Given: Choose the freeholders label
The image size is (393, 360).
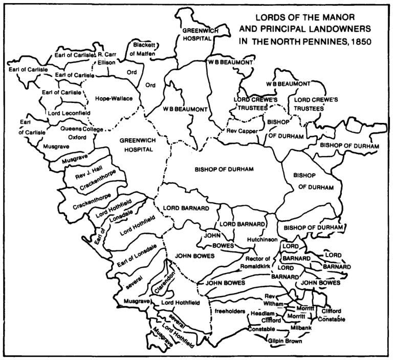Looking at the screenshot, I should [228, 310].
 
